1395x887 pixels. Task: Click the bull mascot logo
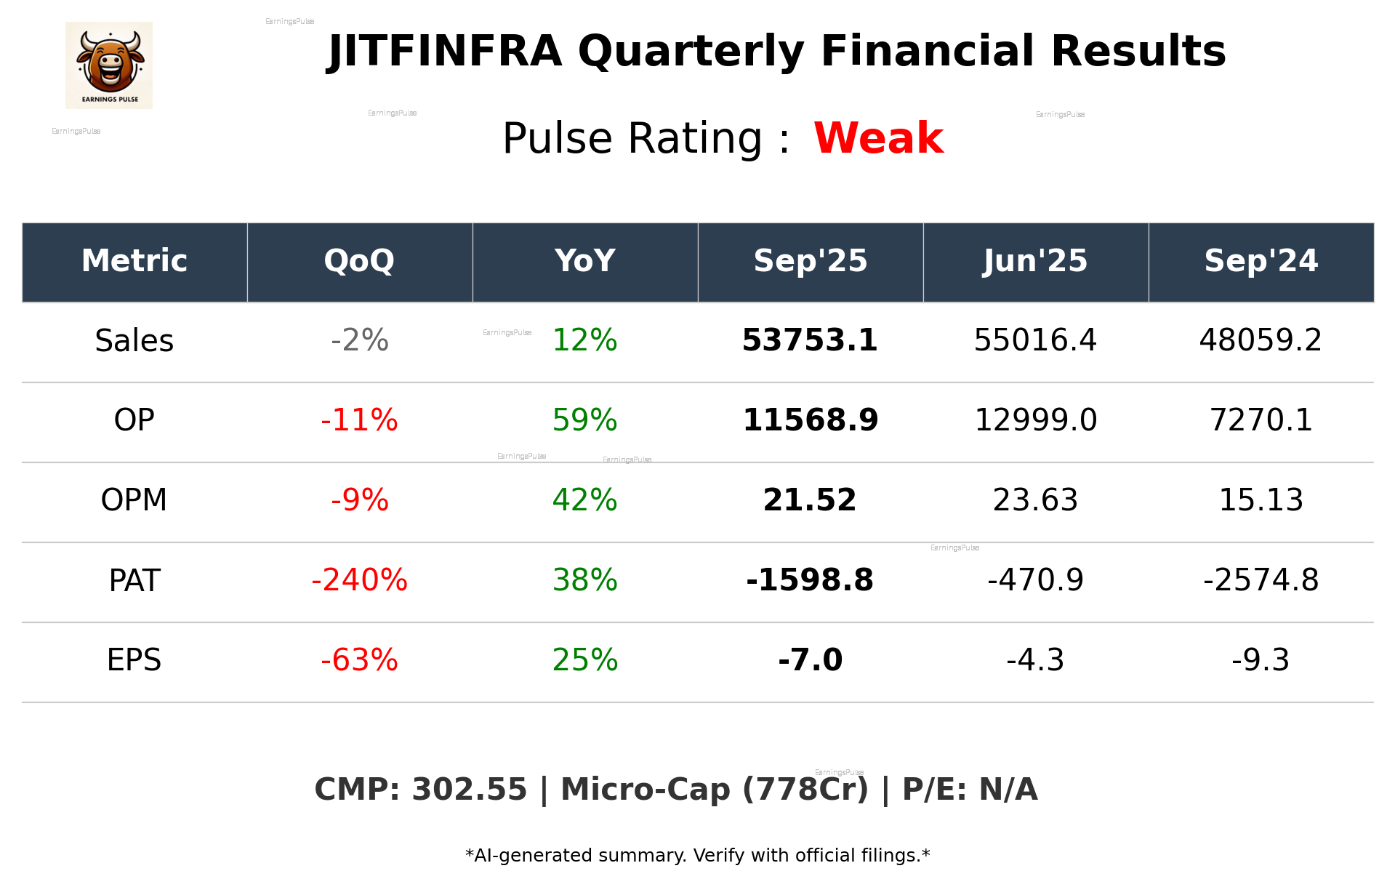109,65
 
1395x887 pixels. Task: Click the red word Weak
878,138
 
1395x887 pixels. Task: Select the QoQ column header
359,261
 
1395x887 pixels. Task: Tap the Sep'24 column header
1261,261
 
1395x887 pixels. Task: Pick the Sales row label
134,341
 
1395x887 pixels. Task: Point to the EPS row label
134,660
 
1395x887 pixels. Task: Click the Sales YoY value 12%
584,340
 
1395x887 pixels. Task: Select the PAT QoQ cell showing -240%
359,580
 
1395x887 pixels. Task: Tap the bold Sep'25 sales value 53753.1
810,340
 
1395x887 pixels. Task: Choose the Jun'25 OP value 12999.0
1035,420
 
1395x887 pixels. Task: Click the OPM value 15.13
1261,500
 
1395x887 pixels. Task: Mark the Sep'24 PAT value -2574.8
1261,580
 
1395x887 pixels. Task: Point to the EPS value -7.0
810,660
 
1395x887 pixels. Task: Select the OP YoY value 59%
584,420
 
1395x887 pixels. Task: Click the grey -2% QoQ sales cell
359,340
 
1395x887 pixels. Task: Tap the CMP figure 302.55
469,790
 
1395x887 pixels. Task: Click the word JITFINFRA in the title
445,52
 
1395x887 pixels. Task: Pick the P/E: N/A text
970,790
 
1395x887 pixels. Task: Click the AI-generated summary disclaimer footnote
697,856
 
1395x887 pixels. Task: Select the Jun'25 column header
1035,261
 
